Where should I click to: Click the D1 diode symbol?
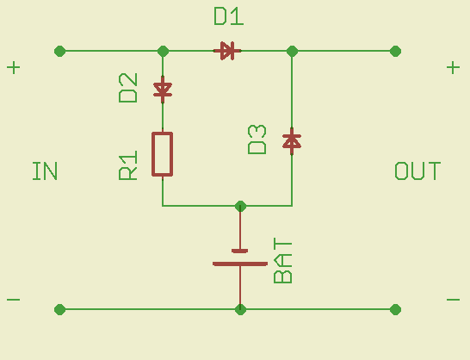227,51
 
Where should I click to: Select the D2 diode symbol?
163,90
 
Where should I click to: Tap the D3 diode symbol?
292,141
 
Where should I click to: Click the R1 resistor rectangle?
163,154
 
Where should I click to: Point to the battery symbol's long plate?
240,264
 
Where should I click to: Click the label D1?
229,16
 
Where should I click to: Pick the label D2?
128,88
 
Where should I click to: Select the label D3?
257,140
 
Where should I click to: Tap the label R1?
128,165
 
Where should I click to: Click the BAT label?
282,260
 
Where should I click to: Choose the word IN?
45,171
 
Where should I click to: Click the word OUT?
417,171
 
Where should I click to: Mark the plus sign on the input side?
14,67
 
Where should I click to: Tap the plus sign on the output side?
453,67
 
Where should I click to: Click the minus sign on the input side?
14,300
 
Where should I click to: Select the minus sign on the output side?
453,300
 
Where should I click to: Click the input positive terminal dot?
60,51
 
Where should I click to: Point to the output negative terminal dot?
395,309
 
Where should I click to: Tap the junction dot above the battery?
240,206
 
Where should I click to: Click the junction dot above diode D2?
163,51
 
